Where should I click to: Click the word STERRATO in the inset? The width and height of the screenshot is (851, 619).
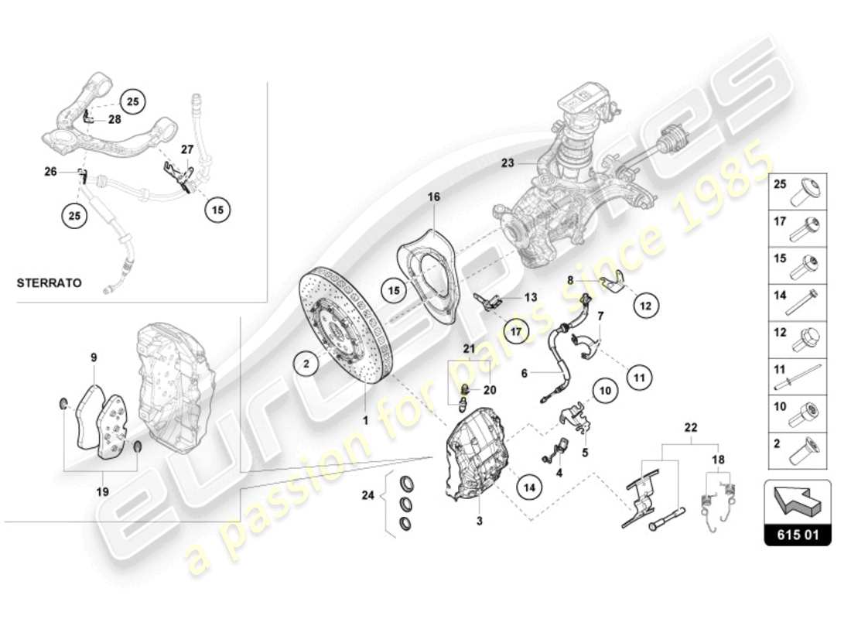point(49,283)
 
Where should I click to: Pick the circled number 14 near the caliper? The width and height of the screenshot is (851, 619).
point(529,487)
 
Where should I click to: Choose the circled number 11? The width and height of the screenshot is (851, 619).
point(638,378)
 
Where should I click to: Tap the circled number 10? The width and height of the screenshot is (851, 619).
point(606,391)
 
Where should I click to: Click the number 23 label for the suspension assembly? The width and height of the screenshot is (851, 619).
point(508,162)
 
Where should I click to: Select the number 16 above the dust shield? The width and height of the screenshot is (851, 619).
point(434,198)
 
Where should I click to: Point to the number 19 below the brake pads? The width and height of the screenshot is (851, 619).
point(102,491)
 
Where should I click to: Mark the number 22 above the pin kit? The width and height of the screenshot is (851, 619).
point(691,426)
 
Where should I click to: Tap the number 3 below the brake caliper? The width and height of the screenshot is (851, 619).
point(479,522)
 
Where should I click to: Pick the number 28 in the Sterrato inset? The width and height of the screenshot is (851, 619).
point(114,119)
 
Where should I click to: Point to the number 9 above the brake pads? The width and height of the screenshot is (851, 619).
point(94,357)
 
